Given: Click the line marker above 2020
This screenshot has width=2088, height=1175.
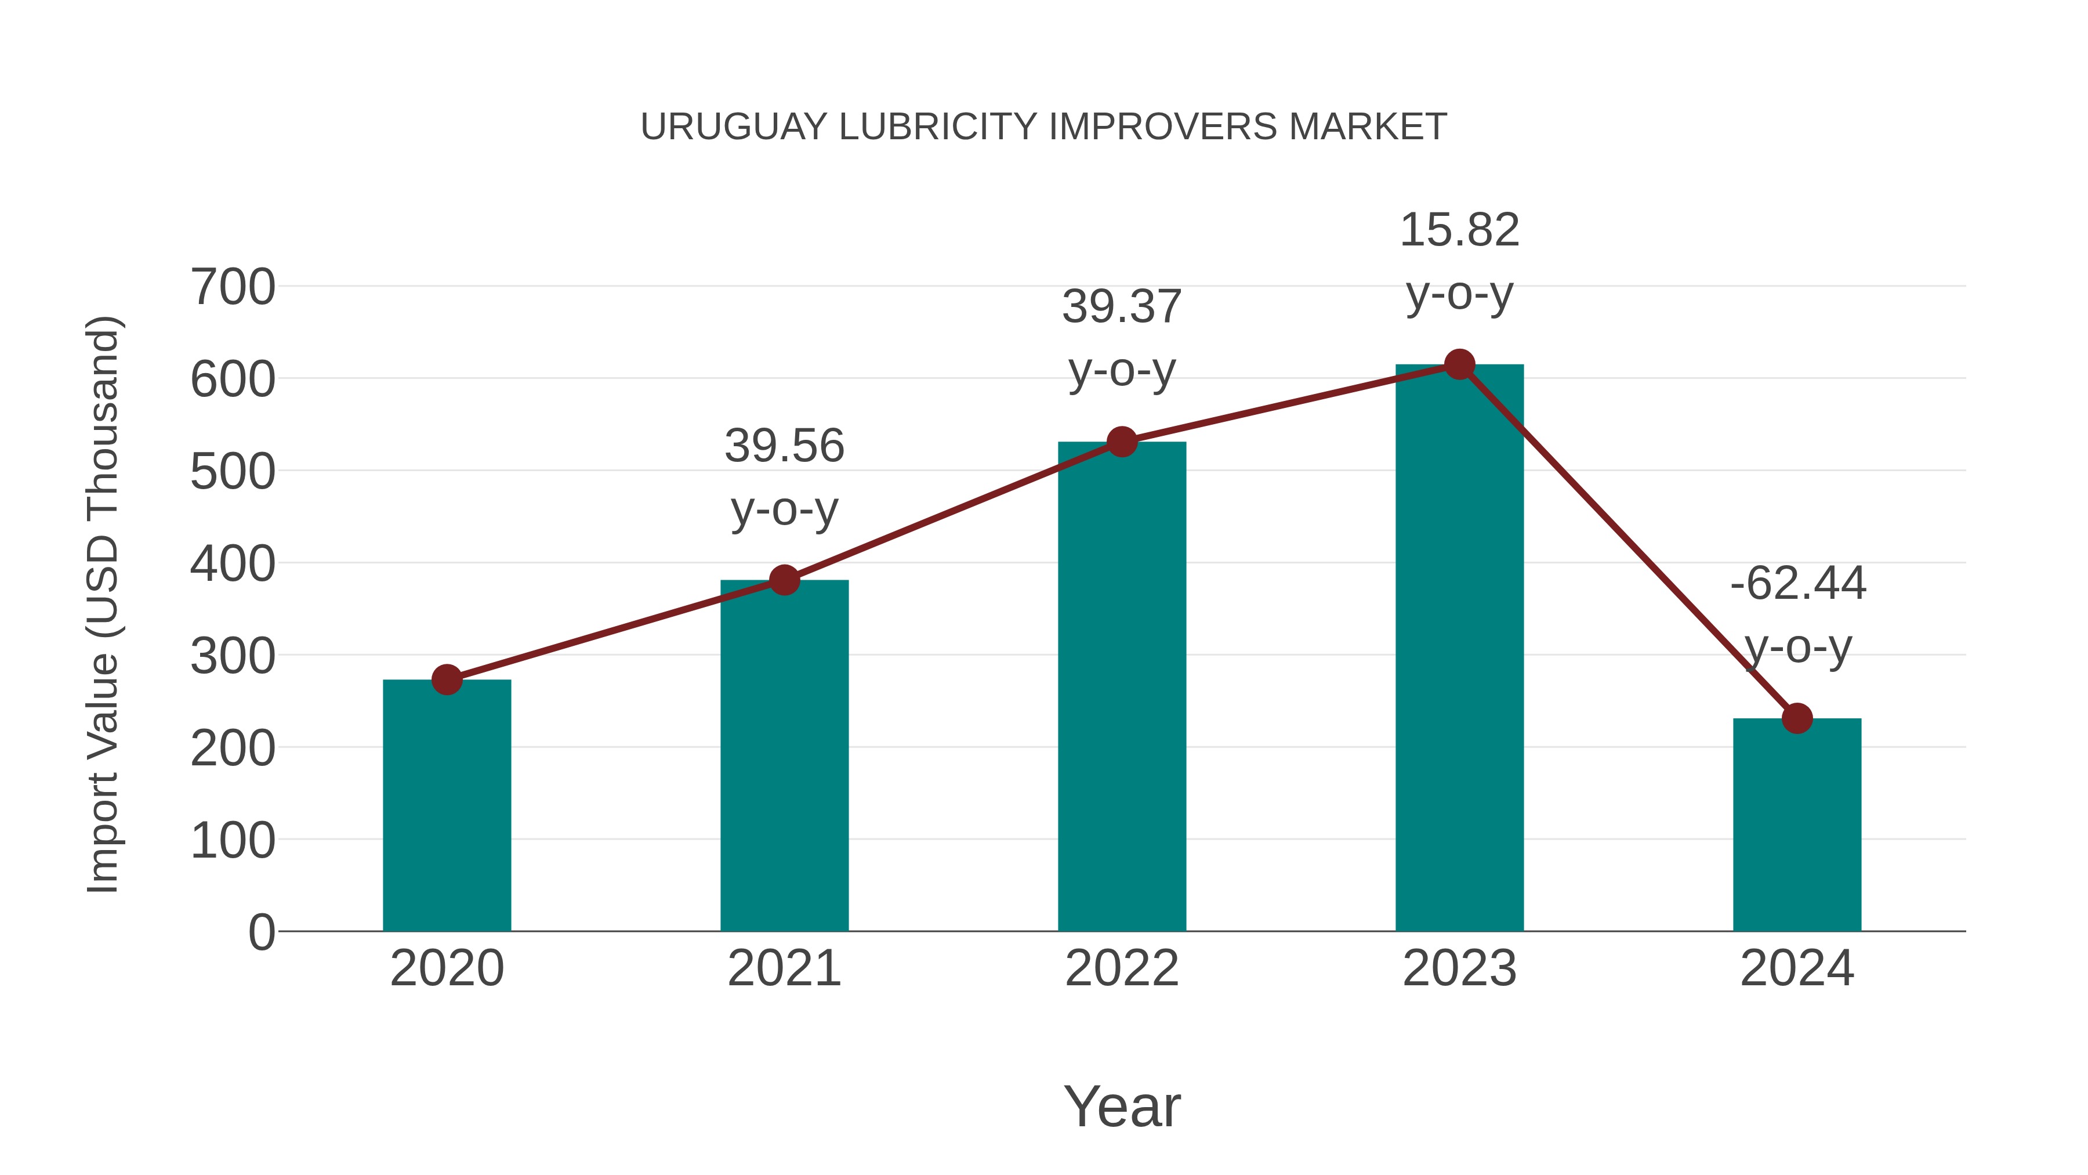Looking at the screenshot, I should tap(447, 679).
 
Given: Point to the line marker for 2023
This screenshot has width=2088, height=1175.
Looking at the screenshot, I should tap(1459, 365).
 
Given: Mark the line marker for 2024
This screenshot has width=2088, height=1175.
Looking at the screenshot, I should tap(1797, 718).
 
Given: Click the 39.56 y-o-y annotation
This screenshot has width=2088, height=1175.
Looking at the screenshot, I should tap(784, 446).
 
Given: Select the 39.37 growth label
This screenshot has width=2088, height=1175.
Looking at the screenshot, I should tap(1122, 308).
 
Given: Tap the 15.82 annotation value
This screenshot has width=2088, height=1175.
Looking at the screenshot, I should tap(1459, 230).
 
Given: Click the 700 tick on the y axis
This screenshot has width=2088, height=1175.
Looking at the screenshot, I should tap(233, 287).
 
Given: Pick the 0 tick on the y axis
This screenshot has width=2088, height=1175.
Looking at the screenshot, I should tap(261, 932).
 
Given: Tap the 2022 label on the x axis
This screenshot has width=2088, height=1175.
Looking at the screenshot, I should tap(1122, 968).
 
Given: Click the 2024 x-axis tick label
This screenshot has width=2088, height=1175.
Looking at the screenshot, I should tap(1797, 968).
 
